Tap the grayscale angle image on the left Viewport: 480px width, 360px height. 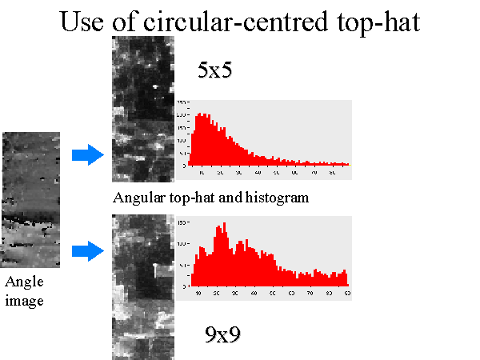coord(30,199)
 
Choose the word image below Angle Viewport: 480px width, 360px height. coord(24,301)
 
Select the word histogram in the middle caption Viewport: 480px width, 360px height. coord(280,197)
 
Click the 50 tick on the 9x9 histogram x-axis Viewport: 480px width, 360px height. coord(272,294)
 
